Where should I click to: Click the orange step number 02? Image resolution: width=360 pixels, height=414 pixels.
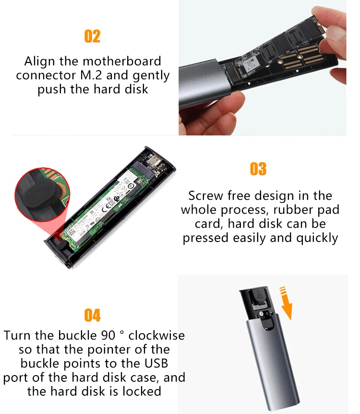point(92,36)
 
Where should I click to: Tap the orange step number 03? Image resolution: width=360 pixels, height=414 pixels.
point(258,169)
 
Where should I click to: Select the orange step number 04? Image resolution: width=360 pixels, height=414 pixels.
point(92,315)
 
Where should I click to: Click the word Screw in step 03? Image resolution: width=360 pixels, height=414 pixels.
point(205,195)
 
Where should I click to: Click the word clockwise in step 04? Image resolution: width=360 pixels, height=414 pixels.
point(156,335)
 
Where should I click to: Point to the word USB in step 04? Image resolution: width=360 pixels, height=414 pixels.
point(156,363)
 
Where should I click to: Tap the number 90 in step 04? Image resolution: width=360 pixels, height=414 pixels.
point(108,336)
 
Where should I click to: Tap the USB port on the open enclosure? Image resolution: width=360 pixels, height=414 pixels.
point(153,161)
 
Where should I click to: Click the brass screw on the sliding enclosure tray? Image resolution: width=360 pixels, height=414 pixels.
point(261,314)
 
